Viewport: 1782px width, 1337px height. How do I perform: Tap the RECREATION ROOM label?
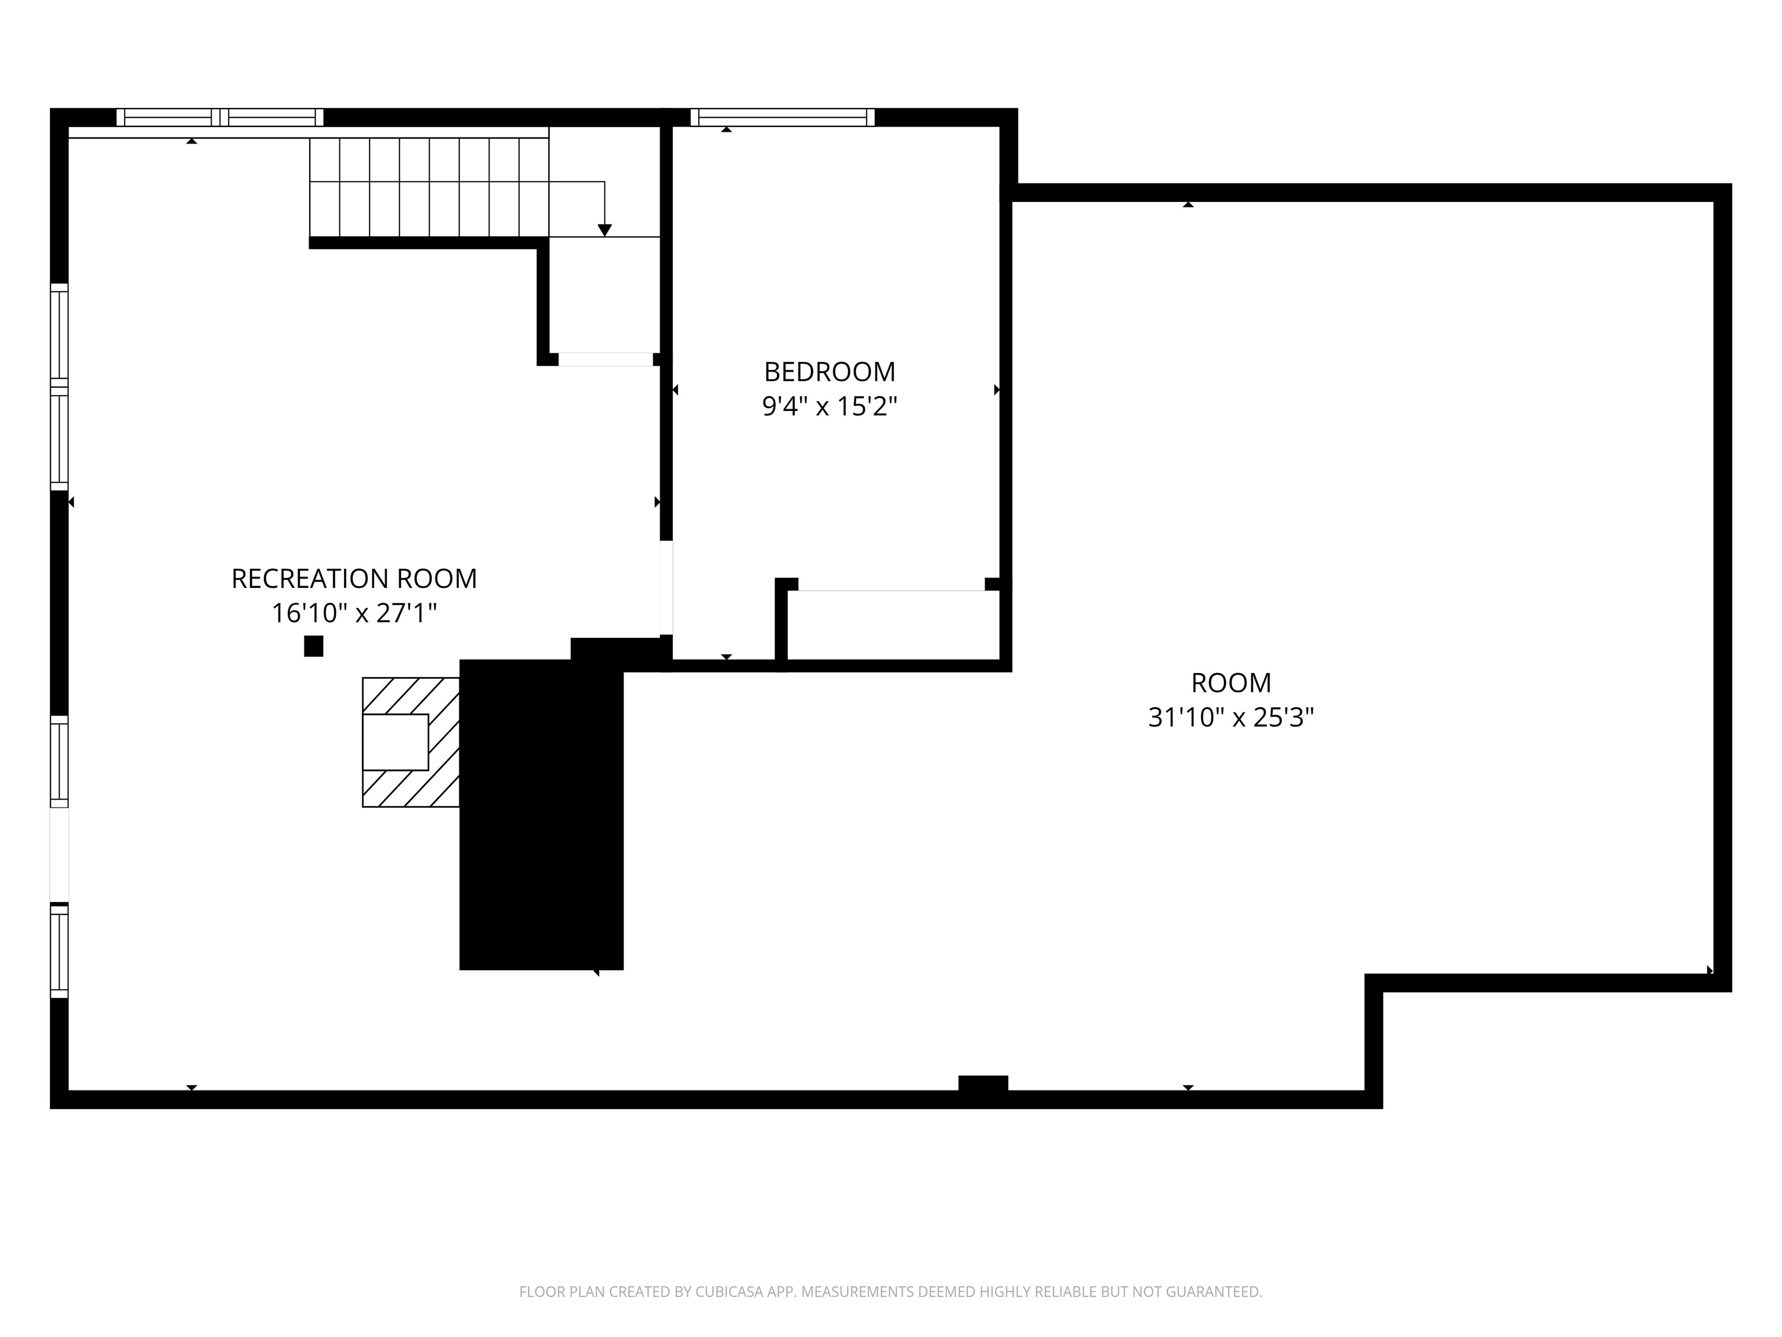pos(354,579)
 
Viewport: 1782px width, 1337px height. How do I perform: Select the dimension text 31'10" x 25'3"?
pos(1230,717)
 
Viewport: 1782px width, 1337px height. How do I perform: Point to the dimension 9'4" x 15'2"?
pos(829,406)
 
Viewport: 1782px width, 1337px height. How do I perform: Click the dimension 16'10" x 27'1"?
pos(354,613)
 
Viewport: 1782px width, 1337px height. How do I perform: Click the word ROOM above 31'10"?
pos(1230,682)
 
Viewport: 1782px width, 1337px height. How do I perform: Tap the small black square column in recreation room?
pos(313,646)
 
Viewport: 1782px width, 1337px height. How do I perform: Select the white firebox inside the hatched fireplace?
pos(395,742)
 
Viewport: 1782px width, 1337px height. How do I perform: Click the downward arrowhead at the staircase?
pos(604,230)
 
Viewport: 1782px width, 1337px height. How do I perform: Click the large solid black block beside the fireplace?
pos(541,814)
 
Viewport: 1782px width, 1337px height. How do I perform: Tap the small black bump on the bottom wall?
pos(983,1083)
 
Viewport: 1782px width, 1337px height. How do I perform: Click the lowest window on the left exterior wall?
pos(59,951)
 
